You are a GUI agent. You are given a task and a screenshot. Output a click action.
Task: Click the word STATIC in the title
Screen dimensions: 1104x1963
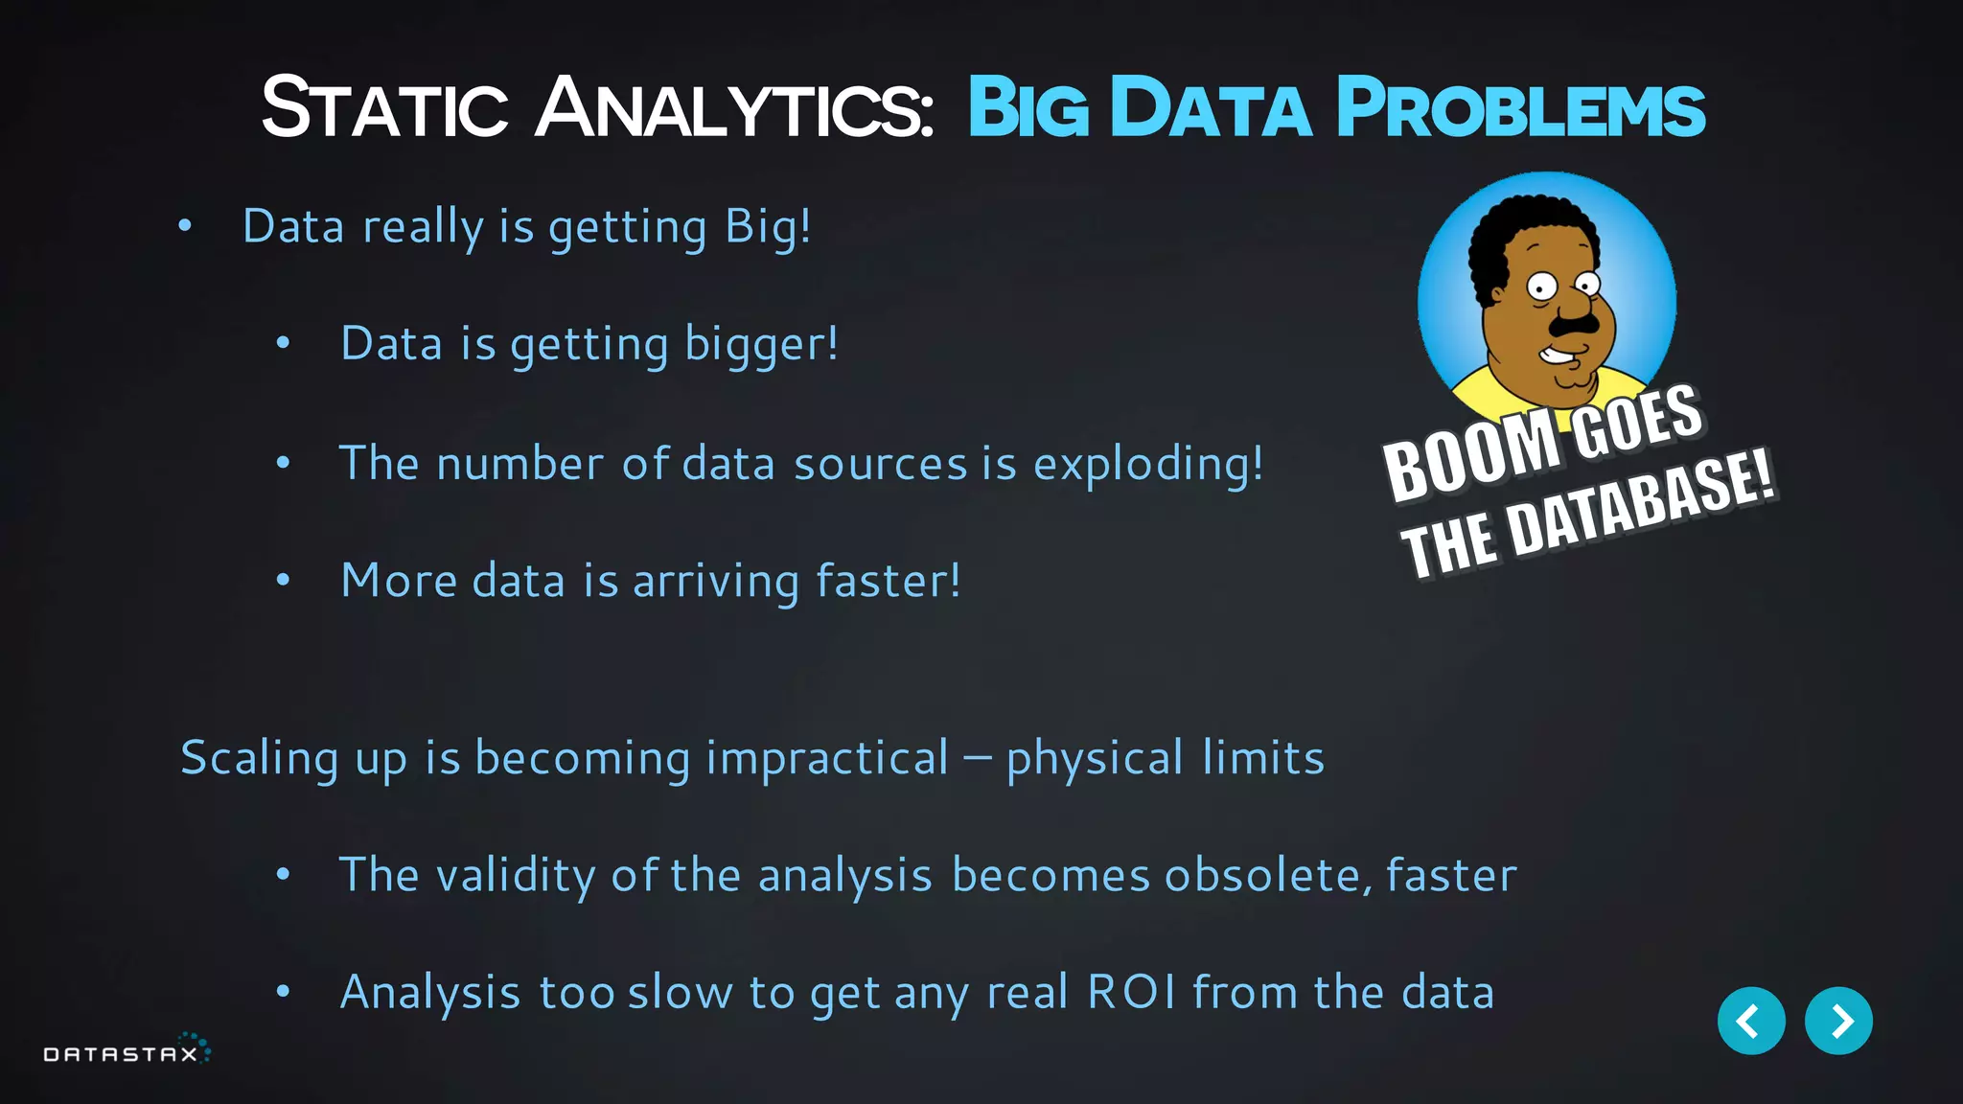point(383,108)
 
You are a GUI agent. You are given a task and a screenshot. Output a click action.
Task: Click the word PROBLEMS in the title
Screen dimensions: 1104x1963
point(1520,108)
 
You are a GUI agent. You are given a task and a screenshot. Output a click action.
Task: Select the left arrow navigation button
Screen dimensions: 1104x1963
point(1750,1021)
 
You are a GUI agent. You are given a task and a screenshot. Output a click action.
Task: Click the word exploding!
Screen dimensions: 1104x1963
point(1147,465)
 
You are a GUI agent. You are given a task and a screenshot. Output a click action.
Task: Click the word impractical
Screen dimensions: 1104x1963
point(827,759)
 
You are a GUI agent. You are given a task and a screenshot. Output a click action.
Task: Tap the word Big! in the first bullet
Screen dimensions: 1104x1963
point(767,228)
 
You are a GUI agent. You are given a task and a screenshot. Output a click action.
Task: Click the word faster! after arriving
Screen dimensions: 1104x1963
point(888,582)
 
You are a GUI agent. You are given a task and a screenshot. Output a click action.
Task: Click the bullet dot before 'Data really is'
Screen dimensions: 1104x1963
point(185,226)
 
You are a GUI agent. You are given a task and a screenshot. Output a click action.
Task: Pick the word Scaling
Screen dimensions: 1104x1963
point(259,759)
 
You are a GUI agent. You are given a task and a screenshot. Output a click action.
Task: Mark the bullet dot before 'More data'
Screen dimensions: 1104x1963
point(283,580)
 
